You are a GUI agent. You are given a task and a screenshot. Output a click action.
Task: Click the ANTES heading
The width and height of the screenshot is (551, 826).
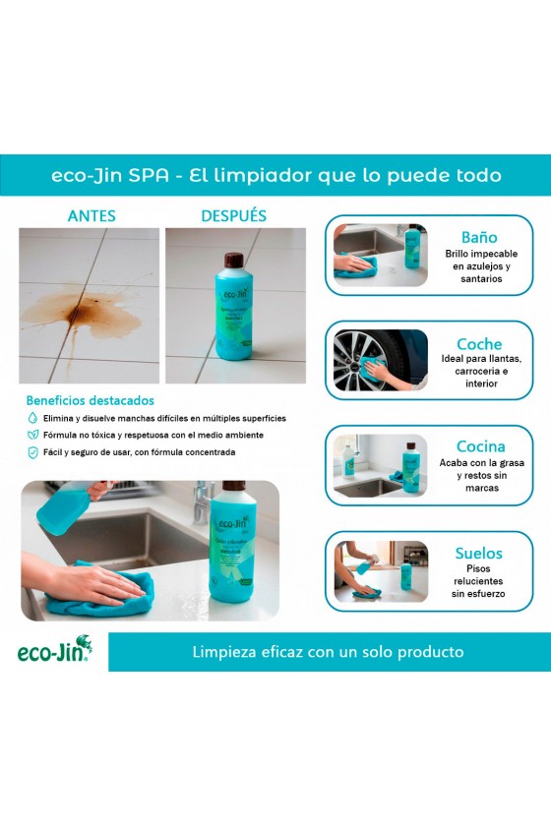click(x=92, y=215)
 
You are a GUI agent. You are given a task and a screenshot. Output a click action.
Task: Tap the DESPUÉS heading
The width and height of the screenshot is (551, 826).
click(x=233, y=215)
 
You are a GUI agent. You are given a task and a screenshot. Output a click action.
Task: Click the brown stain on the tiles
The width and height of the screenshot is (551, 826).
click(x=69, y=312)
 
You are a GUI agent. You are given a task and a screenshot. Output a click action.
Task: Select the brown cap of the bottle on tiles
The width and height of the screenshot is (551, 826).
click(x=234, y=261)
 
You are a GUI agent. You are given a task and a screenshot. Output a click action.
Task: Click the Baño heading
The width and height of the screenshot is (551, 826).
click(x=479, y=237)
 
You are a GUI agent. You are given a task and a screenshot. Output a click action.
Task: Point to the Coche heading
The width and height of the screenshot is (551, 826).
click(x=479, y=344)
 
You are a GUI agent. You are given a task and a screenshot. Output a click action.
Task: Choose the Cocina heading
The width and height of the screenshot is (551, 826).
click(x=480, y=446)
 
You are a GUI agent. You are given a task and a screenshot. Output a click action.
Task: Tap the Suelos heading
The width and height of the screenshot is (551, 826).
click(x=479, y=553)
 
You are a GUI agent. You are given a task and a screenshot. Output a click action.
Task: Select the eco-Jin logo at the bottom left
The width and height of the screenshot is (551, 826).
click(x=55, y=652)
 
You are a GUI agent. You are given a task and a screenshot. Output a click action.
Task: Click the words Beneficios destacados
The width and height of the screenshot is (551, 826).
click(x=90, y=400)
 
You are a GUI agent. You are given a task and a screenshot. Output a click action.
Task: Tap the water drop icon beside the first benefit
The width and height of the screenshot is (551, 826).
click(x=32, y=418)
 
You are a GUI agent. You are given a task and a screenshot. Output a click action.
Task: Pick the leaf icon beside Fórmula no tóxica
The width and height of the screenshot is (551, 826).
click(x=32, y=435)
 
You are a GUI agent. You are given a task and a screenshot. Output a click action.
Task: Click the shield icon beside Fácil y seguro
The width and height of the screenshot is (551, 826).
click(x=32, y=452)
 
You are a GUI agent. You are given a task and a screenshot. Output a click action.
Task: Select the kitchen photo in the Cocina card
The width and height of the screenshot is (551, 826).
click(x=380, y=466)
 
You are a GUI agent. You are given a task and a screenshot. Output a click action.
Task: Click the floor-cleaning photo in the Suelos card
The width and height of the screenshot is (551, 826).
click(x=380, y=571)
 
